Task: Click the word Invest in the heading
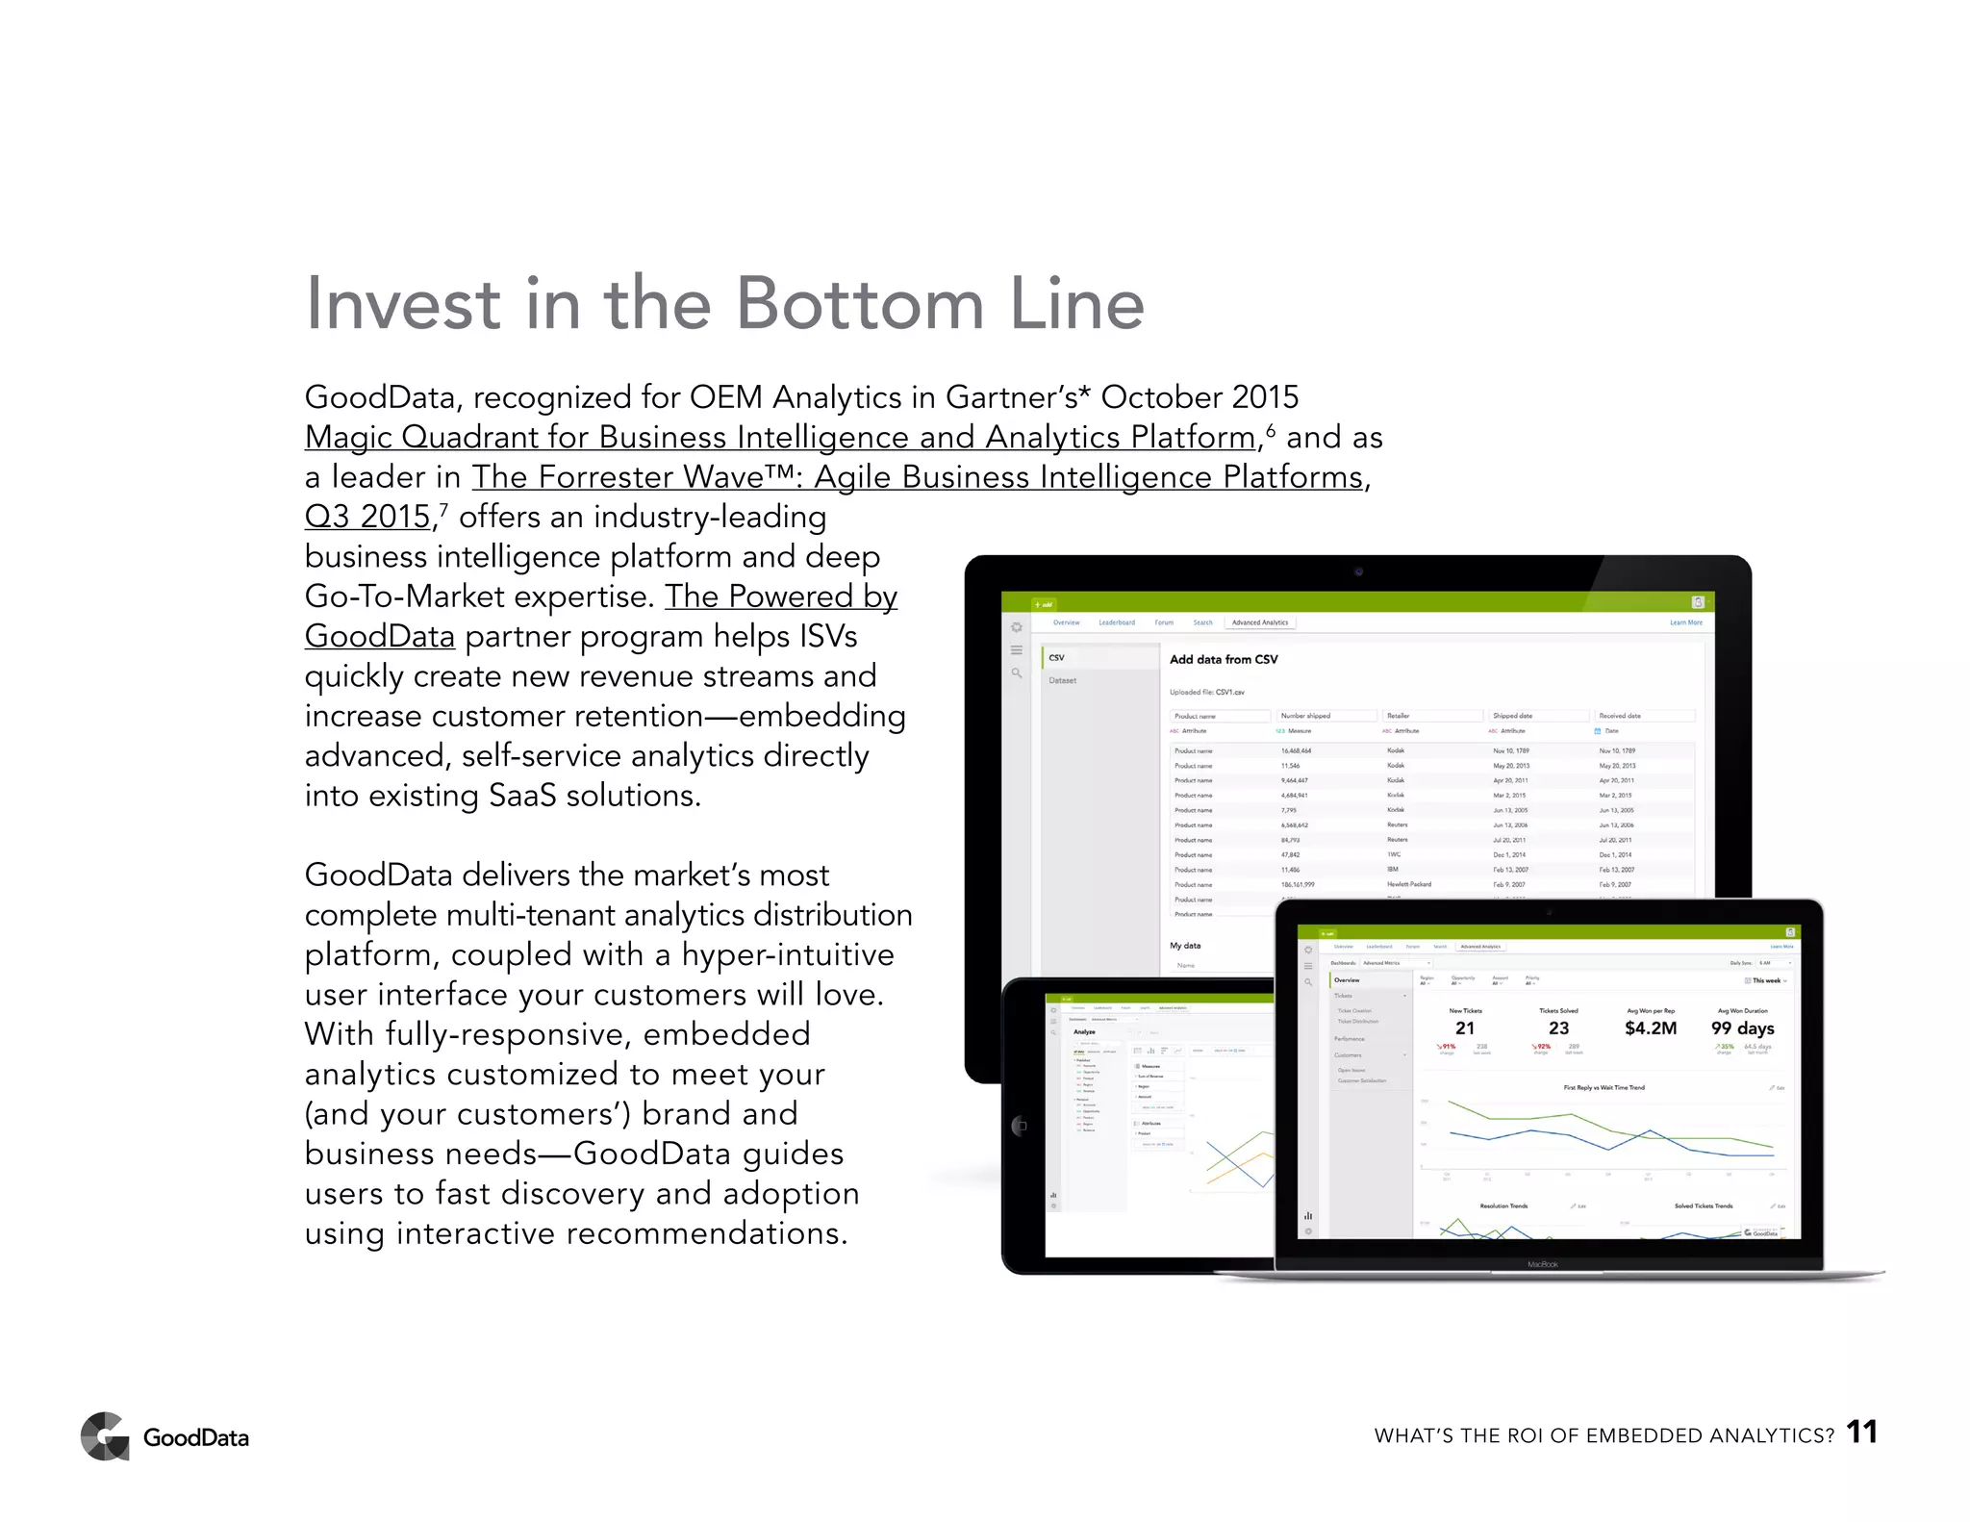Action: tap(402, 304)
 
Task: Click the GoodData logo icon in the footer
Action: tap(105, 1436)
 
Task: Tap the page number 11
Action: tap(1861, 1433)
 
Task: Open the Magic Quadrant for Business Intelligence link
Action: tap(780, 438)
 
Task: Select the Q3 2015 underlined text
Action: tap(366, 518)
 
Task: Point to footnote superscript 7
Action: tap(443, 508)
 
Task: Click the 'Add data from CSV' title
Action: tap(1224, 660)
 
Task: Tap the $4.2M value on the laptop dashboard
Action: tap(1650, 1028)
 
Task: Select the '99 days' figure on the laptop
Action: tap(1742, 1028)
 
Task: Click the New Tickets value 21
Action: tap(1465, 1028)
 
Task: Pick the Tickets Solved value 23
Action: tap(1558, 1028)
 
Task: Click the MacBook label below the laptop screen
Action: tap(1542, 1264)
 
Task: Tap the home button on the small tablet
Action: tap(1021, 1126)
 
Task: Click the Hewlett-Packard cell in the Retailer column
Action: tap(1408, 884)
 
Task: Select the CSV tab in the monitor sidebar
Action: tap(1057, 658)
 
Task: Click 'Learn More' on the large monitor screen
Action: tap(1685, 622)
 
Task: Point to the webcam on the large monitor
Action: tap(1358, 572)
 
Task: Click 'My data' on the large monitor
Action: tap(1185, 946)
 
